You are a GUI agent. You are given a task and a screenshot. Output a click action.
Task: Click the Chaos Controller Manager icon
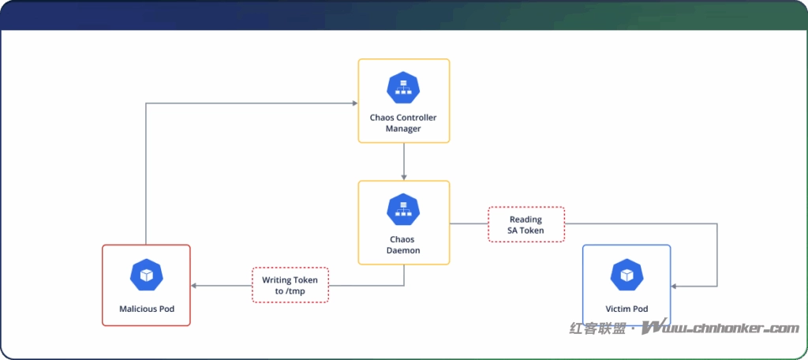pyautogui.click(x=403, y=88)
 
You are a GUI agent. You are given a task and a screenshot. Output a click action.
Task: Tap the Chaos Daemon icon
pyautogui.click(x=403, y=209)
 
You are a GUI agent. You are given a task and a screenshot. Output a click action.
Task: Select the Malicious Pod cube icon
pyautogui.click(x=146, y=274)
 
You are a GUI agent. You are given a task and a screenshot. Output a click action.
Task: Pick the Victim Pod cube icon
pyautogui.click(x=627, y=274)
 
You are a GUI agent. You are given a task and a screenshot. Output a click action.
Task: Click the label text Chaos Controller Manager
pyautogui.click(x=403, y=122)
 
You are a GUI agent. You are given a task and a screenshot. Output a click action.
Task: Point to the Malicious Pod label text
pyautogui.click(x=146, y=309)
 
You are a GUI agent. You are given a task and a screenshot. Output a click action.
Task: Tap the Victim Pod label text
pyautogui.click(x=627, y=309)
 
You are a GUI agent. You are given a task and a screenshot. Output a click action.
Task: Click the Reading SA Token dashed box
pyautogui.click(x=526, y=224)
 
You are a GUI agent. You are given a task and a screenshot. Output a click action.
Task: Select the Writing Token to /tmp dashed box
pyautogui.click(x=290, y=285)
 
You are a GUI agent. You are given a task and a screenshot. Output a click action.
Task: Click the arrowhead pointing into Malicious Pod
pyautogui.click(x=195, y=285)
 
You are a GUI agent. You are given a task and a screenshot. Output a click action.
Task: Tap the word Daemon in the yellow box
pyautogui.click(x=403, y=249)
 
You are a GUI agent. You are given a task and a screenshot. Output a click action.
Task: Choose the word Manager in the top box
pyautogui.click(x=403, y=128)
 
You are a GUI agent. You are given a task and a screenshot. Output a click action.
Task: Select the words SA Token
pyautogui.click(x=526, y=231)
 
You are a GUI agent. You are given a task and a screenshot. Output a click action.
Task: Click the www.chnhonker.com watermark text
pyautogui.click(x=721, y=328)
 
